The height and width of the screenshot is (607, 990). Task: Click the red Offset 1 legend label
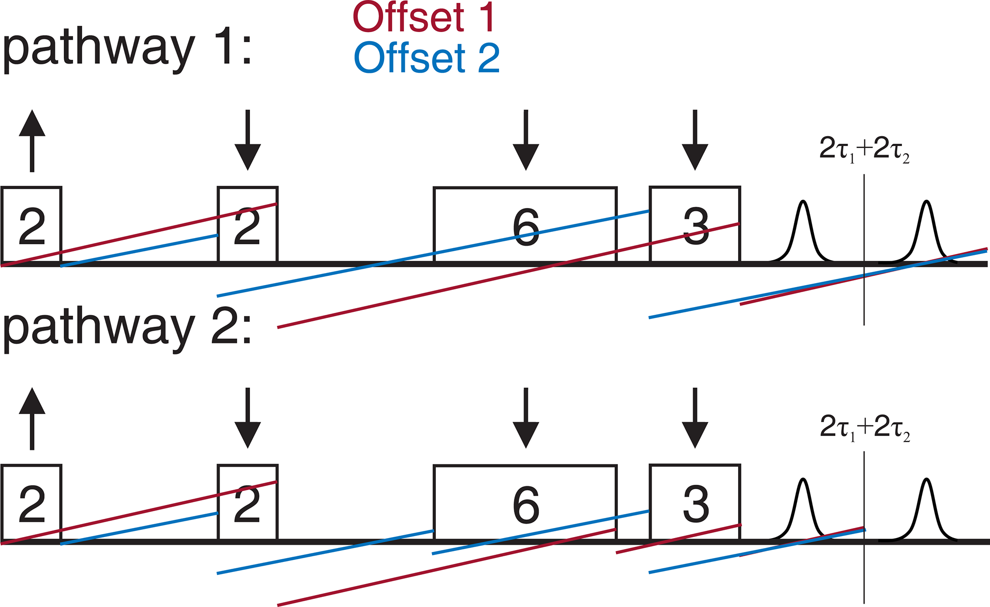coord(423,17)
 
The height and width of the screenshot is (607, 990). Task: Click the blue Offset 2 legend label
coord(427,58)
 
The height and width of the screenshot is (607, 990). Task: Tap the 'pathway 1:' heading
coord(127,49)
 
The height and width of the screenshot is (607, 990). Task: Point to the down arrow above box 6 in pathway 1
coord(526,140)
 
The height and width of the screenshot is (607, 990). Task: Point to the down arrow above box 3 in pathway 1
coord(694,140)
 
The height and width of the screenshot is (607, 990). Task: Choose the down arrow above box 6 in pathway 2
coord(526,418)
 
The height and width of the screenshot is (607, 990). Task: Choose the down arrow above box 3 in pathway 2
coord(694,418)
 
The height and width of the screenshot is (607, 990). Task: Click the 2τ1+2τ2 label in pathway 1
coord(864,150)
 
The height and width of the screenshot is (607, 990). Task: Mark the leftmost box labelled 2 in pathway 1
coord(32,224)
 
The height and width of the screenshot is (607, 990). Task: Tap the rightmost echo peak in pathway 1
coord(927,230)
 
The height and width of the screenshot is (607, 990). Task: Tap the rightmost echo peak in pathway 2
coord(927,508)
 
